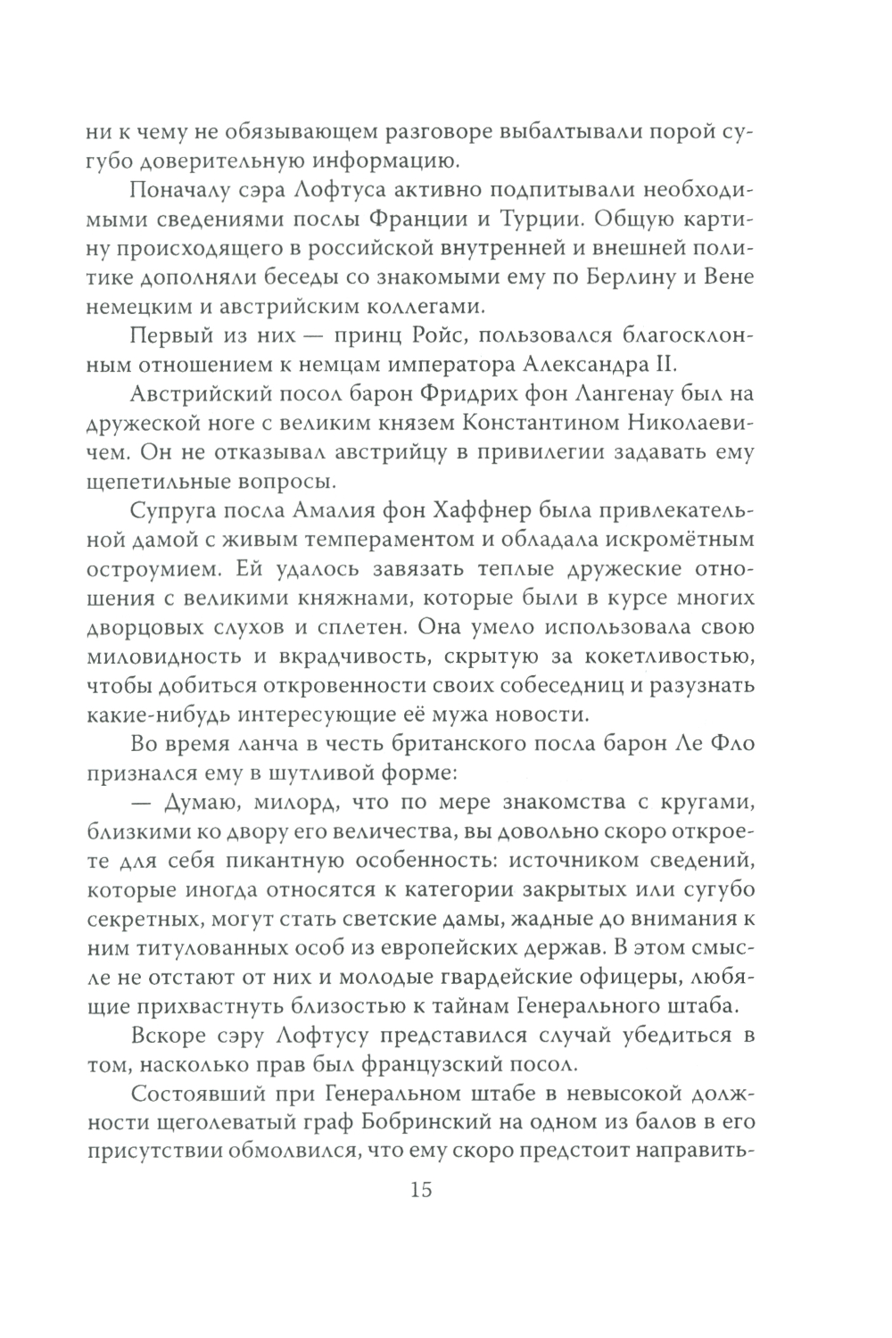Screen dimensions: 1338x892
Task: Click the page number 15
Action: (x=420, y=1189)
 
